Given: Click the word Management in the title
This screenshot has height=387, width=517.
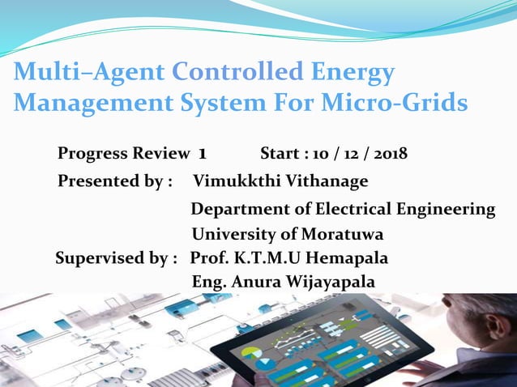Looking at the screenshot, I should pos(88,104).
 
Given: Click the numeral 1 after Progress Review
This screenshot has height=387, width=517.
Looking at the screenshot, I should pos(202,154).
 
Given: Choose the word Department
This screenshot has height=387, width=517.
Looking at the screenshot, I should pos(239,210).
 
